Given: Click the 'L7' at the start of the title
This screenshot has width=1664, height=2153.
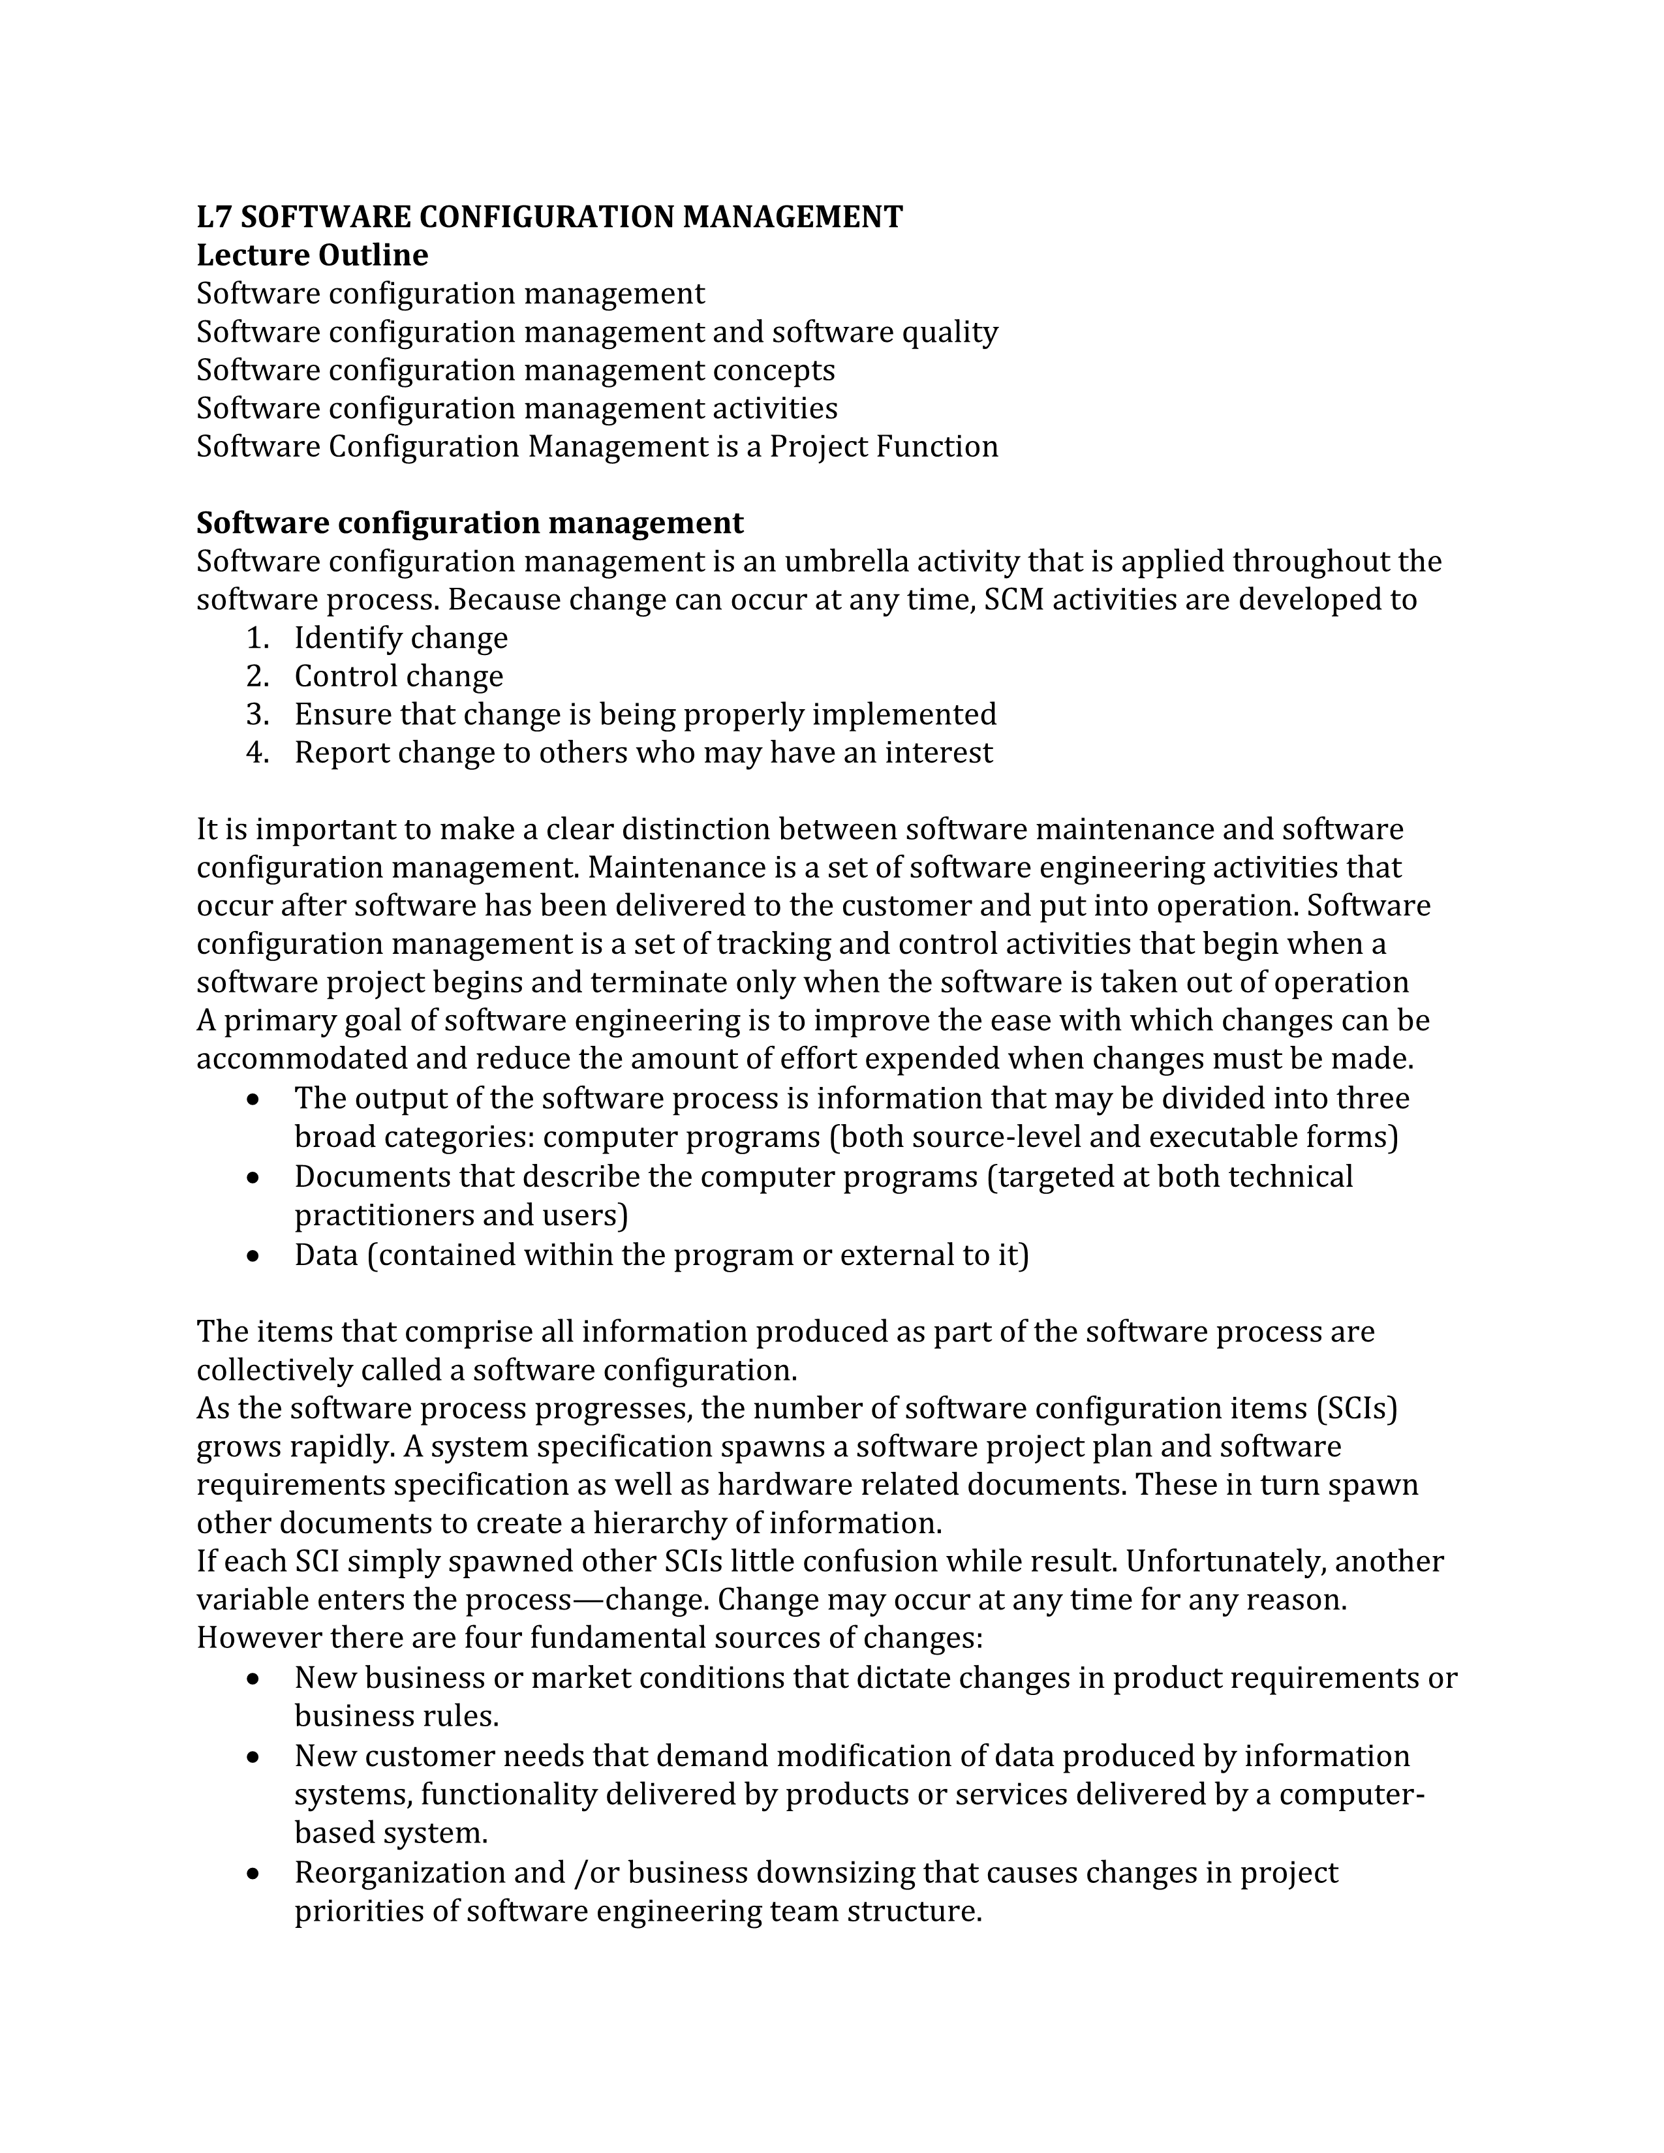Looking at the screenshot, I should pos(213,217).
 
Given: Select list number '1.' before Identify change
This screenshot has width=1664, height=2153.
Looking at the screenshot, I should pos(257,639).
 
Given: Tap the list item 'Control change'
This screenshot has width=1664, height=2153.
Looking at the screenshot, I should pos(398,677).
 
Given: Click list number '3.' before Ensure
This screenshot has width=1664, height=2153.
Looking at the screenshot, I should pos(257,714).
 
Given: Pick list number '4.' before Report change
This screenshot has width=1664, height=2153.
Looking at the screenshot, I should pos(257,753).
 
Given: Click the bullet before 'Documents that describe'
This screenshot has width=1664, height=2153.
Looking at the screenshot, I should pos(254,1178).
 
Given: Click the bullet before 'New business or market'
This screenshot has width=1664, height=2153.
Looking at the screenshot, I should pos(254,1679).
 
